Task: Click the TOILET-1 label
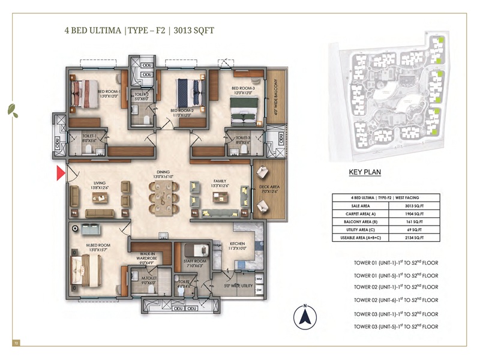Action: pos(90,137)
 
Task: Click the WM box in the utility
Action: pos(259,280)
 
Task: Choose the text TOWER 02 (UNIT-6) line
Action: pos(396,299)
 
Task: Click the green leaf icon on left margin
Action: pos(11,109)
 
